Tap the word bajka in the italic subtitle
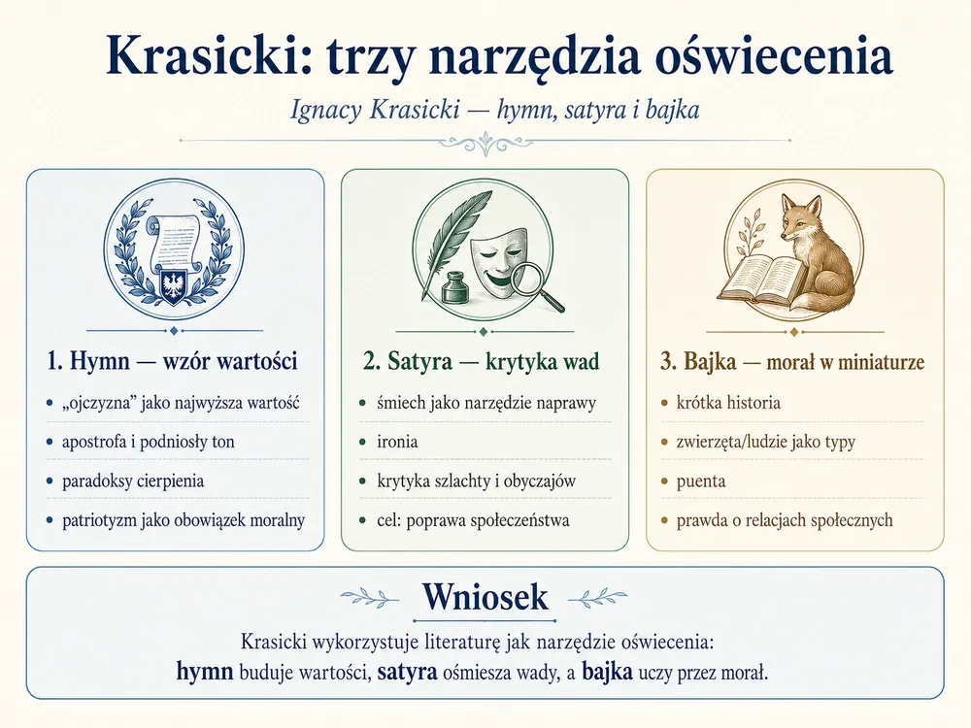click(x=673, y=110)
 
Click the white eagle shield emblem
click(x=174, y=286)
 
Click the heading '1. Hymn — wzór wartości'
click(x=172, y=361)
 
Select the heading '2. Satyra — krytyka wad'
click(x=482, y=361)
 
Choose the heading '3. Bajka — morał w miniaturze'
click(x=792, y=361)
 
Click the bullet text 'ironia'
click(x=397, y=442)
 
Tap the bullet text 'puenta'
click(x=700, y=481)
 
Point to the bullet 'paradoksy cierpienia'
click(x=132, y=481)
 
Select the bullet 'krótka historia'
click(x=728, y=403)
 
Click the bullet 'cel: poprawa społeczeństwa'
click(x=473, y=520)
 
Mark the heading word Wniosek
click(x=485, y=597)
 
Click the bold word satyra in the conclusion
click(x=408, y=672)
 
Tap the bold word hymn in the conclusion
click(x=204, y=671)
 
